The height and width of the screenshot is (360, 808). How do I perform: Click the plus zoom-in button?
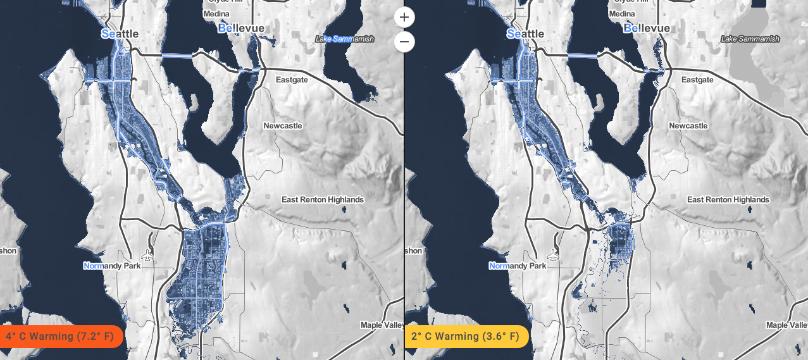click(404, 17)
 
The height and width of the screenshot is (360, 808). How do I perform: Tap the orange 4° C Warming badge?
click(60, 336)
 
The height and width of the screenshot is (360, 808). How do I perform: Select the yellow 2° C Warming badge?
click(466, 336)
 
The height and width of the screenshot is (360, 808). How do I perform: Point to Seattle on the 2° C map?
click(525, 34)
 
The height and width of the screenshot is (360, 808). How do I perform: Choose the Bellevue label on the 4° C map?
click(241, 28)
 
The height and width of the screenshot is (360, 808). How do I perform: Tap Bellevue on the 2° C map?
click(647, 28)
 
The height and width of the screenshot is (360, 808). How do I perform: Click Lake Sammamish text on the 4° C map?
click(345, 39)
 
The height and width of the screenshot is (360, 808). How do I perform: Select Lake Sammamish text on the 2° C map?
click(750, 39)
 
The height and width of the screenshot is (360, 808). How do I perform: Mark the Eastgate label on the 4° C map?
click(292, 80)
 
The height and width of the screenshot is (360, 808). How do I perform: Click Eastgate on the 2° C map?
click(697, 80)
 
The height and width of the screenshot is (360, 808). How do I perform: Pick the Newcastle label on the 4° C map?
click(283, 126)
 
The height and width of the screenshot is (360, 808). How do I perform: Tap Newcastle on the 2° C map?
click(688, 126)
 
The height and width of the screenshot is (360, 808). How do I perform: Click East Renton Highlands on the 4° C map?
click(323, 200)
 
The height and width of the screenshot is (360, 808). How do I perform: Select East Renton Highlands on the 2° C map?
click(728, 200)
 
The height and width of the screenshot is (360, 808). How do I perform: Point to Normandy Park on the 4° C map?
click(112, 266)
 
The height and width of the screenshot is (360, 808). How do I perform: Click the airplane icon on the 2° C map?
click(554, 255)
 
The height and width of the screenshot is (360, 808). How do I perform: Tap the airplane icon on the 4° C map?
click(148, 255)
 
